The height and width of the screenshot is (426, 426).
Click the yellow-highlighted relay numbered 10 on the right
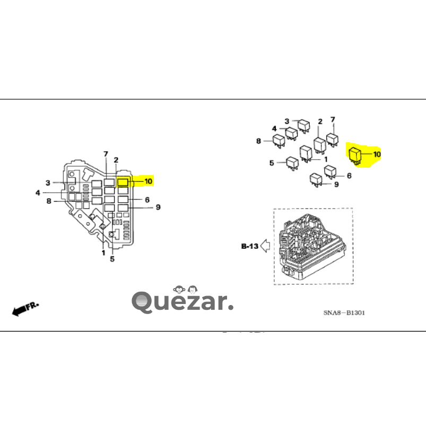coord(355,155)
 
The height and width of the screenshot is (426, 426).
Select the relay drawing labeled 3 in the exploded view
coord(303,125)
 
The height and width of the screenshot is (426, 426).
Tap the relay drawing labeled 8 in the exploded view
coord(279,141)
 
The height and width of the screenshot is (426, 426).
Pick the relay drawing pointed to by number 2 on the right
coord(319,144)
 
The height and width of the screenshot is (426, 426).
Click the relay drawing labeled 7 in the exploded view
coord(333,139)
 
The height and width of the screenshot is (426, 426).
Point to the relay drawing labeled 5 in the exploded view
coord(292,162)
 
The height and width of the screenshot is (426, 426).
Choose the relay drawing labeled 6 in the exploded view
coord(331,171)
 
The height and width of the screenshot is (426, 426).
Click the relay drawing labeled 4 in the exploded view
coord(291,133)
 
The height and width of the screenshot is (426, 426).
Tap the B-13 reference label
coord(249,246)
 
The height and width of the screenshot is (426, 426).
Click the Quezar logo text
coord(182,302)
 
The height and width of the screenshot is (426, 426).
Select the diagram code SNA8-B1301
coord(344,312)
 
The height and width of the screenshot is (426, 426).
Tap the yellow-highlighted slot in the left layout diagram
coord(122,182)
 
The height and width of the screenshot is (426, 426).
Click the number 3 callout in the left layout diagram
coord(48,182)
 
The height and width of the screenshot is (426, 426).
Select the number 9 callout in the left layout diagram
coord(158,207)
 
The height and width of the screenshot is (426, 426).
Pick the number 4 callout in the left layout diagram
coord(38,193)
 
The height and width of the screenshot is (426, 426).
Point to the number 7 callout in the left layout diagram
coord(106,154)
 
